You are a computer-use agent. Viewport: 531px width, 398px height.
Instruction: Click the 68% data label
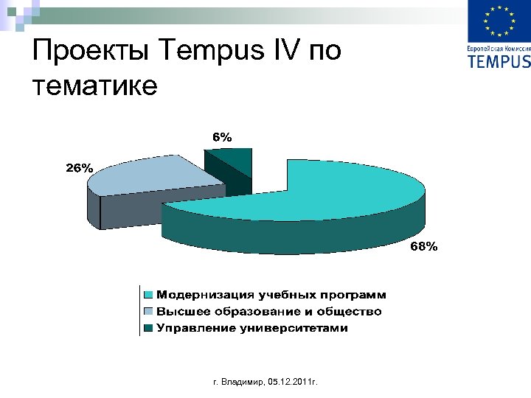[x=423, y=248]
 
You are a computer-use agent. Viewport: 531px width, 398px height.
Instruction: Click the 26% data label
[x=80, y=168]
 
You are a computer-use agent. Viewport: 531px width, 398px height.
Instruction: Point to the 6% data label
[x=222, y=136]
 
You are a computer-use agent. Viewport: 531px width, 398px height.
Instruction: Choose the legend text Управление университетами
[x=251, y=328]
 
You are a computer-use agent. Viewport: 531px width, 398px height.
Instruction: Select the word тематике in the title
[x=95, y=87]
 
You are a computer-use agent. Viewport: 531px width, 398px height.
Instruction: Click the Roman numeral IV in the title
[x=290, y=53]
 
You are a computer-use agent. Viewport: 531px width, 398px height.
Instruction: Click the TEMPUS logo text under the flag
[x=499, y=61]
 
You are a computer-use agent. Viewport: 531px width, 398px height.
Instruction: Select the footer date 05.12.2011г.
[x=294, y=383]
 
